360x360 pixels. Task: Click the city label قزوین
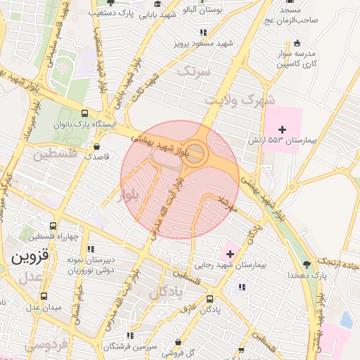[x=30, y=257]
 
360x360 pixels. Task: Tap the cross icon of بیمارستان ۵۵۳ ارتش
[x=283, y=129]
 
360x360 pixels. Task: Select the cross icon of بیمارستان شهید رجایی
[x=230, y=253]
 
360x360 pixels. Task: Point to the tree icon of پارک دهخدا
[x=307, y=264]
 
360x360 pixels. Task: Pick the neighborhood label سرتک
[x=193, y=71]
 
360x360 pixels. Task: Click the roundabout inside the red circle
[x=195, y=153]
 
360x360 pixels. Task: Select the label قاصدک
[x=98, y=157]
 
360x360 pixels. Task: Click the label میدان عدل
[x=44, y=307]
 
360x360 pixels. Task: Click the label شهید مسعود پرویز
[x=205, y=44]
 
